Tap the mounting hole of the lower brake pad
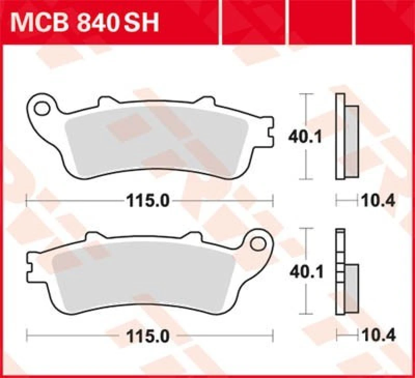tap(258, 242)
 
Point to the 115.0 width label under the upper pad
tap(148, 200)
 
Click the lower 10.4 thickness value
tap(378, 336)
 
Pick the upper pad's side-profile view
tap(347, 138)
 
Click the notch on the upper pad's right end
tap(270, 137)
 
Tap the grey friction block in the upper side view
tap(351, 140)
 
